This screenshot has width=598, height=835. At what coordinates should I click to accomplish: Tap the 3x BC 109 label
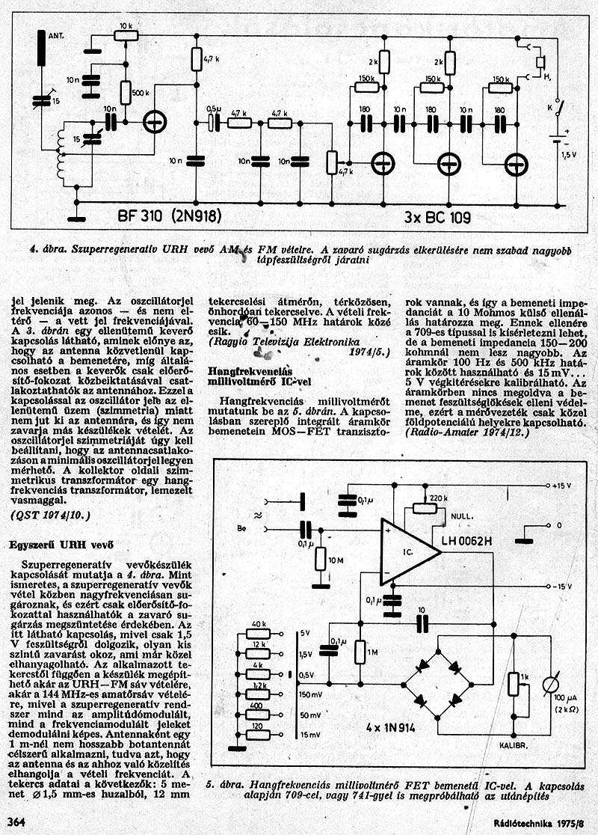(437, 218)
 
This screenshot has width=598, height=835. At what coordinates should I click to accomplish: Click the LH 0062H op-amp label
(467, 541)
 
